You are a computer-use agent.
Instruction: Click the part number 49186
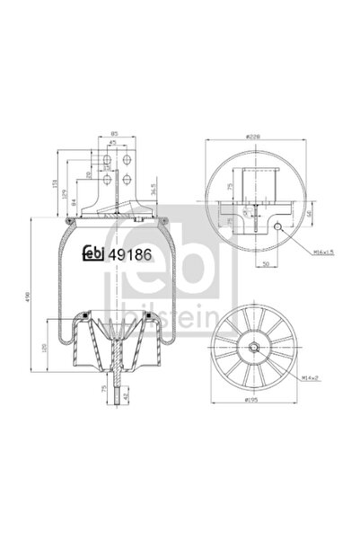[128, 254]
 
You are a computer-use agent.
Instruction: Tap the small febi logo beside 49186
[93, 254]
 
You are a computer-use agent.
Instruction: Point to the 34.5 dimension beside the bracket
[152, 190]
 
